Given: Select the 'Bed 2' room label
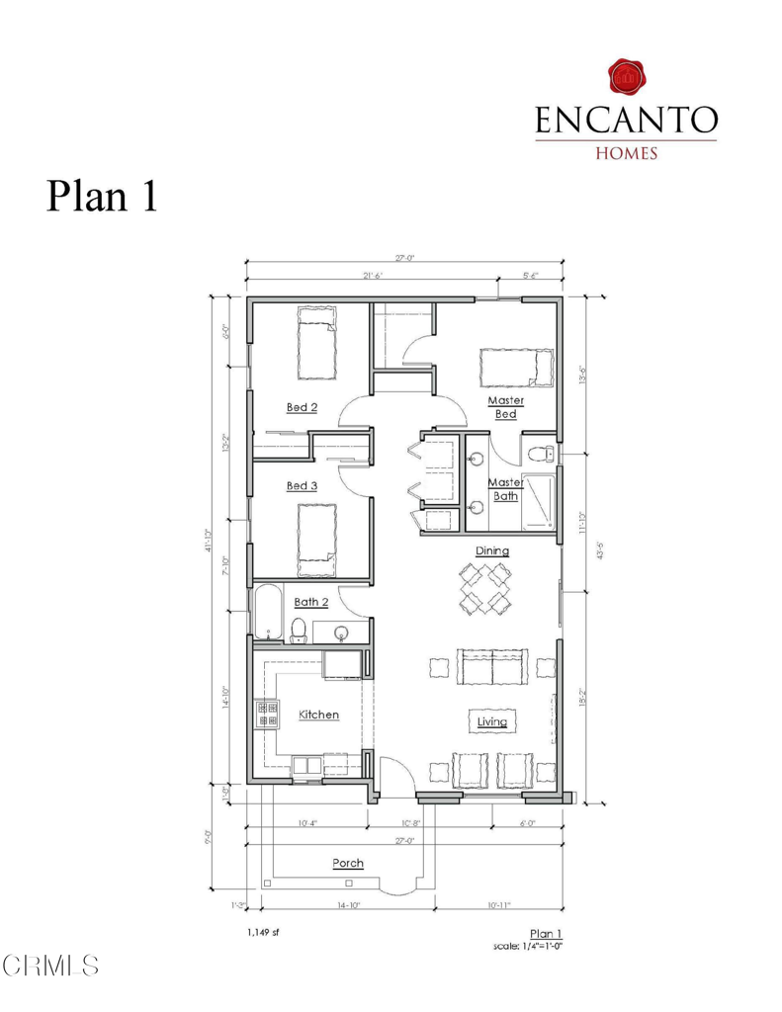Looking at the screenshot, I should (x=302, y=406).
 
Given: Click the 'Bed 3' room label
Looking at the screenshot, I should (x=302, y=485).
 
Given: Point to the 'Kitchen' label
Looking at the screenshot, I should (x=319, y=714).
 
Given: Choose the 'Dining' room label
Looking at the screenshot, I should (x=492, y=550).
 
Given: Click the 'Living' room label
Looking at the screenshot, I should (x=492, y=721).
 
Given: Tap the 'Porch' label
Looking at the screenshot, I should (x=347, y=863).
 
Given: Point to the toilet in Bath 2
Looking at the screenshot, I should (x=299, y=629).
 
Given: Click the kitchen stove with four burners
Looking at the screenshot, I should (x=267, y=714).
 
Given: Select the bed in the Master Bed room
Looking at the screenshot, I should (x=514, y=368).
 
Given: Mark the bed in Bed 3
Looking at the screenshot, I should (x=317, y=540).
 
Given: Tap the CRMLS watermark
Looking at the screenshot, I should (x=50, y=966).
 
